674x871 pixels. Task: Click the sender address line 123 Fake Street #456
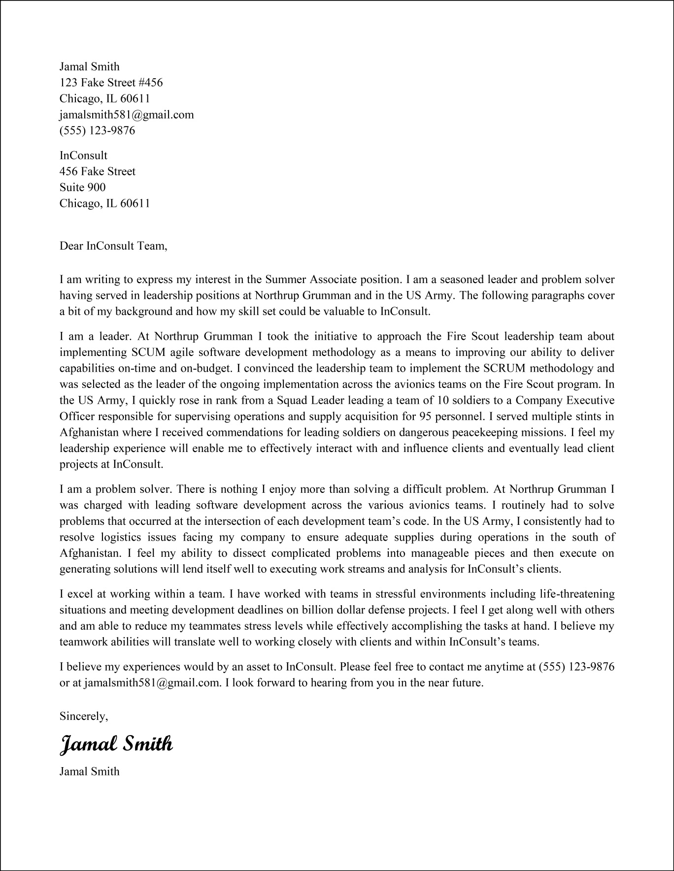[111, 82]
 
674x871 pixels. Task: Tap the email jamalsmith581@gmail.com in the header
[127, 115]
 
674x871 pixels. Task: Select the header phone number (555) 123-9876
[97, 130]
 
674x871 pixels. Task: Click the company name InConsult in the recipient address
[83, 156]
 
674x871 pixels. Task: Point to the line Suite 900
[82, 187]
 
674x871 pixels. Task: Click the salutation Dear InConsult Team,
[113, 245]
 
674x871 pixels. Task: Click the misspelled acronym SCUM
[148, 353]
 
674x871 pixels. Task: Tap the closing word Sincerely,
[83, 716]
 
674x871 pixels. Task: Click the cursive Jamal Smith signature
[116, 744]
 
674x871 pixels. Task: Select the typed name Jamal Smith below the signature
[89, 771]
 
